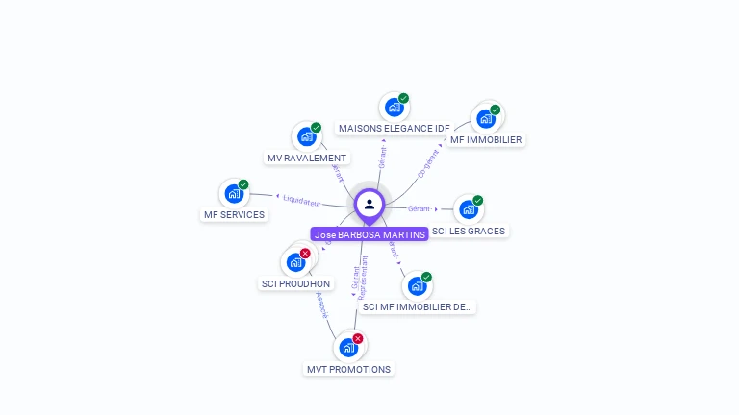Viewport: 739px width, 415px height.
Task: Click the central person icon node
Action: pos(369,204)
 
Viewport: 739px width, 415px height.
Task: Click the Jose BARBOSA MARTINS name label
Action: pos(369,234)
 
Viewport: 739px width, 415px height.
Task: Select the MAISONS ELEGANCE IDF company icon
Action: pos(393,107)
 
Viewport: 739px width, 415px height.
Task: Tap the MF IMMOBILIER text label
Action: pos(486,139)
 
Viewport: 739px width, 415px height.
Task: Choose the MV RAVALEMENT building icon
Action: pos(306,136)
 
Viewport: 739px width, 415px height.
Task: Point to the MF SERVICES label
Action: pos(234,215)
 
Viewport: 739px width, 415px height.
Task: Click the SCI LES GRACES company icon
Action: pos(468,209)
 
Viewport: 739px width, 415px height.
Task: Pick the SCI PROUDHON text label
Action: pos(295,283)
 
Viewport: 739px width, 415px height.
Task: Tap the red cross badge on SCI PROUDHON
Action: pos(305,254)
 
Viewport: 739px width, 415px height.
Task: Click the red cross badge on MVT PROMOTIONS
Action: pos(358,338)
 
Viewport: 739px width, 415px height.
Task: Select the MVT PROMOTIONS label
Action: pos(348,369)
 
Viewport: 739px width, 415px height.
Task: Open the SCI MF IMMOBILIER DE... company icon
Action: pos(416,285)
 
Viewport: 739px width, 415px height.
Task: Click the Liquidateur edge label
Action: pos(301,200)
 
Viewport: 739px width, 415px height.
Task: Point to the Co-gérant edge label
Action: pos(429,162)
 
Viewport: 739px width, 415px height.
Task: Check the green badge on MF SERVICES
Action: pos(243,184)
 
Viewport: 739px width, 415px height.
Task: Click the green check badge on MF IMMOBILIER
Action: pos(496,110)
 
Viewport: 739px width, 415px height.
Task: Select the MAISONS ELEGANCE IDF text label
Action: pos(394,128)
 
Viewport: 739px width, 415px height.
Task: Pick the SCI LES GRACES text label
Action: pos(469,231)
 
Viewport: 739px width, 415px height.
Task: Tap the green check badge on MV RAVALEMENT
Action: pos(316,128)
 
